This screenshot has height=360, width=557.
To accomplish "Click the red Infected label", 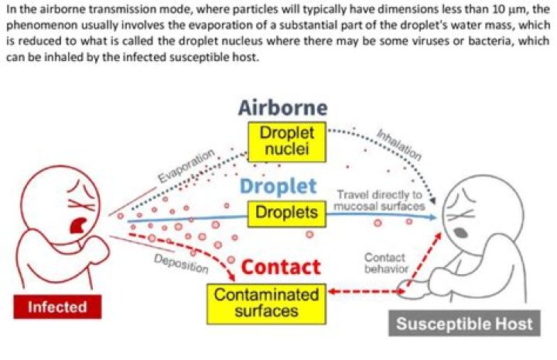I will [x=57, y=307].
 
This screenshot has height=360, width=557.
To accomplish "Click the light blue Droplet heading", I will [x=278, y=186].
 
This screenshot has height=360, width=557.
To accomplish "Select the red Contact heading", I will [x=281, y=267].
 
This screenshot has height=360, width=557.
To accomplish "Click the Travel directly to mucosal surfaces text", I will [x=378, y=201].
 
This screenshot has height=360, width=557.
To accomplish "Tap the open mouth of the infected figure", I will [x=78, y=225].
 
